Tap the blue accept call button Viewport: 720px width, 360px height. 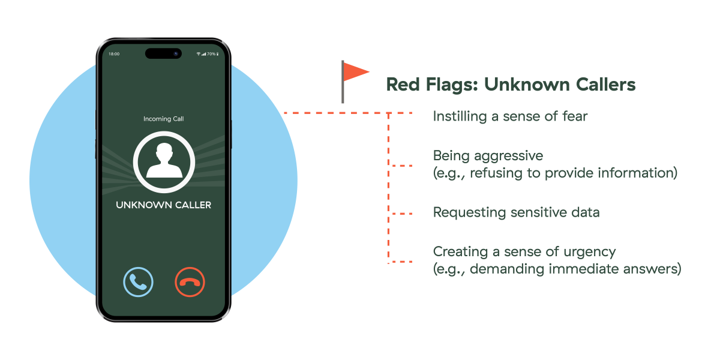pos(138,282)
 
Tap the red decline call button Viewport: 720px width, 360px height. pos(190,282)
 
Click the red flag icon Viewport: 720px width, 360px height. pos(355,73)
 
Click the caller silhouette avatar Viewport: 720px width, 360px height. pos(164,161)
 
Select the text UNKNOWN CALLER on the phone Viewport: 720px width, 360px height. pos(164,205)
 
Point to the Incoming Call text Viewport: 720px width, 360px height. pos(164,119)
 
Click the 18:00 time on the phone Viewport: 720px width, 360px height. pos(114,54)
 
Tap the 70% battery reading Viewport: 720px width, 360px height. pos(212,54)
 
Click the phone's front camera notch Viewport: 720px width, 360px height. pos(163,53)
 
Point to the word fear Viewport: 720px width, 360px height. pos(573,116)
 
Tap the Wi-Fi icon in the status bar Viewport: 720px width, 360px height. pos(199,54)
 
